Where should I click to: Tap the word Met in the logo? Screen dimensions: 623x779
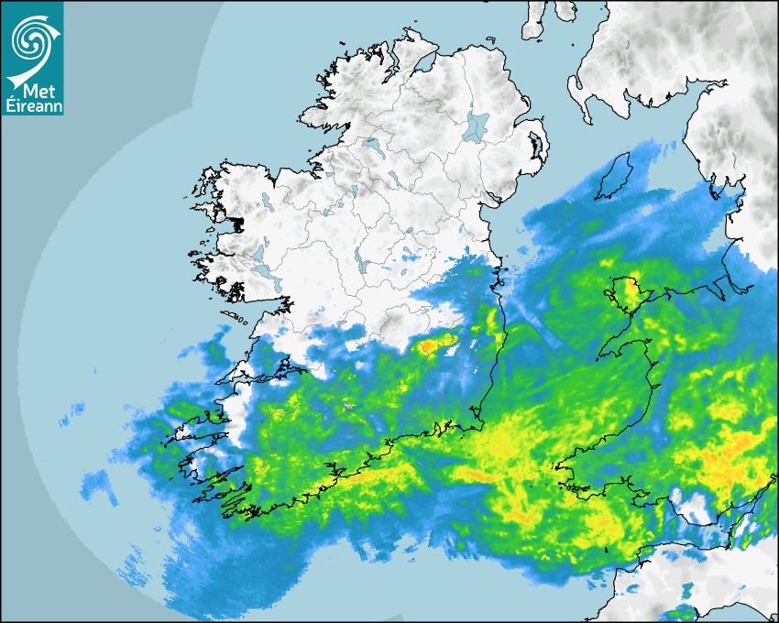pyautogui.click(x=34, y=91)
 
